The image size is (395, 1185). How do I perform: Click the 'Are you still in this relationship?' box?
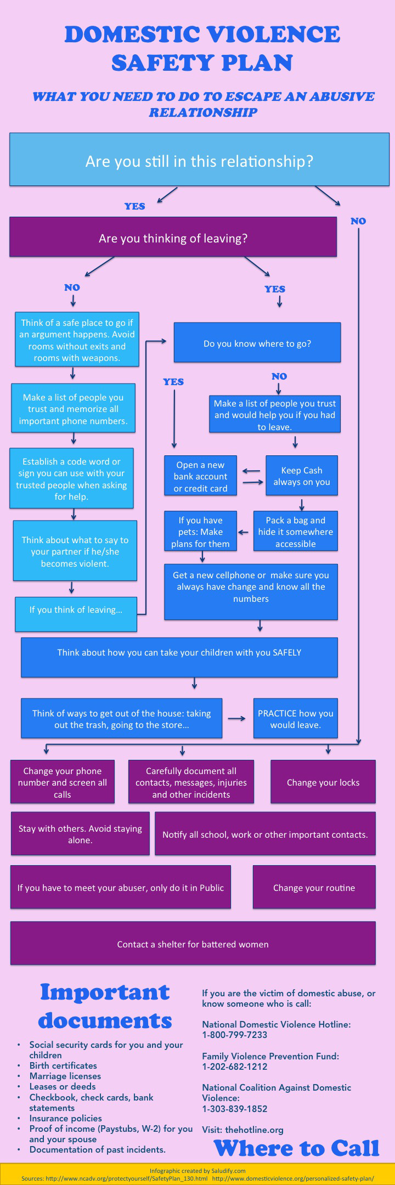point(199,160)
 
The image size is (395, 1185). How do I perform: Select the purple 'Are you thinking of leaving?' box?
point(173,238)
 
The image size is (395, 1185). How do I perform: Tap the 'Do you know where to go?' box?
point(257,343)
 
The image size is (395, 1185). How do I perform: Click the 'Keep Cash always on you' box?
point(302,476)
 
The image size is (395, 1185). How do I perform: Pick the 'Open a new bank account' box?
point(200,476)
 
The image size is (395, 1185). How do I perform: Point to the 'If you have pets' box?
point(200,531)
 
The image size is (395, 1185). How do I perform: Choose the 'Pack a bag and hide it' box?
point(295,531)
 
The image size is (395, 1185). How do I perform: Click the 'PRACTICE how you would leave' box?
point(295,718)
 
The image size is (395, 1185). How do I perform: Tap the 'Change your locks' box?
point(323,782)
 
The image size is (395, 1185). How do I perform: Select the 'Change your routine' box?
point(314,887)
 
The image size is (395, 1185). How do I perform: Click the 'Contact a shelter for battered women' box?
point(193,944)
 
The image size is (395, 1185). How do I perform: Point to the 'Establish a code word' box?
point(71,478)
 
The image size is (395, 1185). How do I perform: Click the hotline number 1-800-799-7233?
point(235,1035)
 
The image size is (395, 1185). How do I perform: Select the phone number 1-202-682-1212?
point(235,1066)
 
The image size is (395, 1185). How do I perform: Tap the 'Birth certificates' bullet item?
point(63,1065)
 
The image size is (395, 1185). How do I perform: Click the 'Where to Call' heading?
point(296,1148)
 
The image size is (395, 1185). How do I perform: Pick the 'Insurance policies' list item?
point(66,1118)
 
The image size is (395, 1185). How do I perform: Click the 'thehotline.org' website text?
point(254,1130)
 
